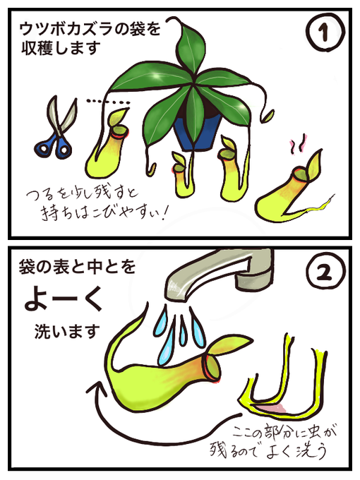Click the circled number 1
325,32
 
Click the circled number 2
325,274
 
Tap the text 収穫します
61,49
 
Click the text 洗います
67,332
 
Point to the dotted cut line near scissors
108,102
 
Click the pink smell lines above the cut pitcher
298,144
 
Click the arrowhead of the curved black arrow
97,389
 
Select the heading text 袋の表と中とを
77,266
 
